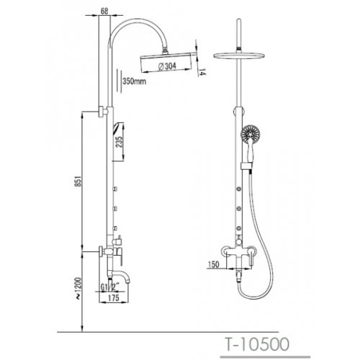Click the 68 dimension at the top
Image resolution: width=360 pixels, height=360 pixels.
click(x=104, y=11)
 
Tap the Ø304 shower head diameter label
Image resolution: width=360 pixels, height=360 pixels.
click(x=168, y=66)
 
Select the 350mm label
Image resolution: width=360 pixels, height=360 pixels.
click(x=134, y=81)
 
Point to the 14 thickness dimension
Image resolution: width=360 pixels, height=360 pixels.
click(x=202, y=72)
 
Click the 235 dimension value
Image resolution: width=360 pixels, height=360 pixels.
click(x=120, y=142)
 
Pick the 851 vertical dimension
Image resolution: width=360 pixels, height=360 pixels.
click(x=79, y=181)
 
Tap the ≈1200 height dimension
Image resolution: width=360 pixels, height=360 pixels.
click(x=78, y=289)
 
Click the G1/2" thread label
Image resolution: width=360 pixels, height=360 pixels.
click(x=110, y=287)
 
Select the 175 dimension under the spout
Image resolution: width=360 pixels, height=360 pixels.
click(x=114, y=298)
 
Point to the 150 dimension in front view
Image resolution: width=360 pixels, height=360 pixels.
click(x=214, y=264)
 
